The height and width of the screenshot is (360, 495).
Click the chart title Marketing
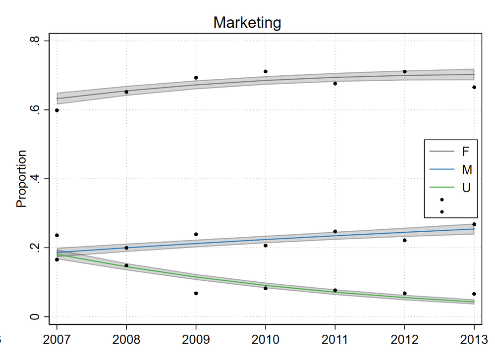pyautogui.click(x=247, y=22)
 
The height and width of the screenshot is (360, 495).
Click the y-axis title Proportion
pyautogui.click(x=21, y=179)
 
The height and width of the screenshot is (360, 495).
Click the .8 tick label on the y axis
pyautogui.click(x=35, y=41)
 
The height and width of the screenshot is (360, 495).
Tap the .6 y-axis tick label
pyautogui.click(x=35, y=109)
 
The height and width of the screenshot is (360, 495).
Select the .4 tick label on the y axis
pyautogui.click(x=35, y=179)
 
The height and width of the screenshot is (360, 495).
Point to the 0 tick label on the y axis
pyautogui.click(x=35, y=317)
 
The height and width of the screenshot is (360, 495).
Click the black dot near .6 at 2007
pyautogui.click(x=57, y=110)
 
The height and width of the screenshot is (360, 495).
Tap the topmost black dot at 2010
pyautogui.click(x=266, y=72)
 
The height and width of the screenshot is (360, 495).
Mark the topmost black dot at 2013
pyautogui.click(x=474, y=87)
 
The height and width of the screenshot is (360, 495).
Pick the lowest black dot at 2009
pyautogui.click(x=196, y=294)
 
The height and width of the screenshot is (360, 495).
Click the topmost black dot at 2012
pyautogui.click(x=405, y=72)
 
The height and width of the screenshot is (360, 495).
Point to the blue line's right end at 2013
pyautogui.click(x=474, y=229)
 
